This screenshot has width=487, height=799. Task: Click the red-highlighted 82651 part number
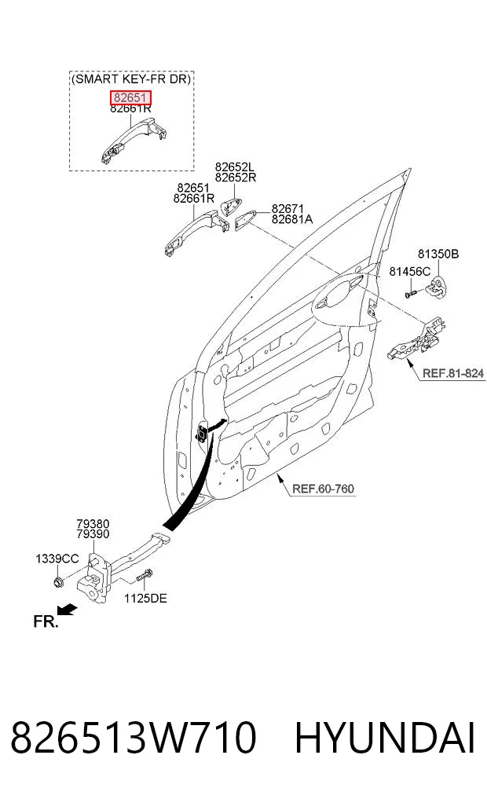click(130, 97)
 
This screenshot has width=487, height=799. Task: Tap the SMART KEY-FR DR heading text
click(131, 79)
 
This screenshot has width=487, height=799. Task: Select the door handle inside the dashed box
click(134, 140)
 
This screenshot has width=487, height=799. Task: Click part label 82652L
click(235, 167)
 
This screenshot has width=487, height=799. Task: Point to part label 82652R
click(235, 178)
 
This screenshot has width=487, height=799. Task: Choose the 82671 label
click(287, 208)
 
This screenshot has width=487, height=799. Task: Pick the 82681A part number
click(292, 219)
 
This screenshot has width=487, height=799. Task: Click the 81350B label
click(438, 254)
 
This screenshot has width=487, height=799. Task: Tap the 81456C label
click(409, 272)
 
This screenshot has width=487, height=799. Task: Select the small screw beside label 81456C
click(411, 293)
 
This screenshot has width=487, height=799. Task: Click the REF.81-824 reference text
click(453, 373)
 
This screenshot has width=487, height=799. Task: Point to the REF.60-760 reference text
click(323, 489)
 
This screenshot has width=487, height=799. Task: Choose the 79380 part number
click(93, 524)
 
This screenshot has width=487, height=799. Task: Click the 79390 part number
click(93, 534)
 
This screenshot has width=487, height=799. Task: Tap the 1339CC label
click(57, 559)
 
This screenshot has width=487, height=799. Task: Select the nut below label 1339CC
click(58, 581)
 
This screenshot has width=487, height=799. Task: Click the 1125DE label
click(145, 598)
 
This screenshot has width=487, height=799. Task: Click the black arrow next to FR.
click(67, 610)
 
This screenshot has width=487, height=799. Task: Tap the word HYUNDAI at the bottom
click(385, 738)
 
